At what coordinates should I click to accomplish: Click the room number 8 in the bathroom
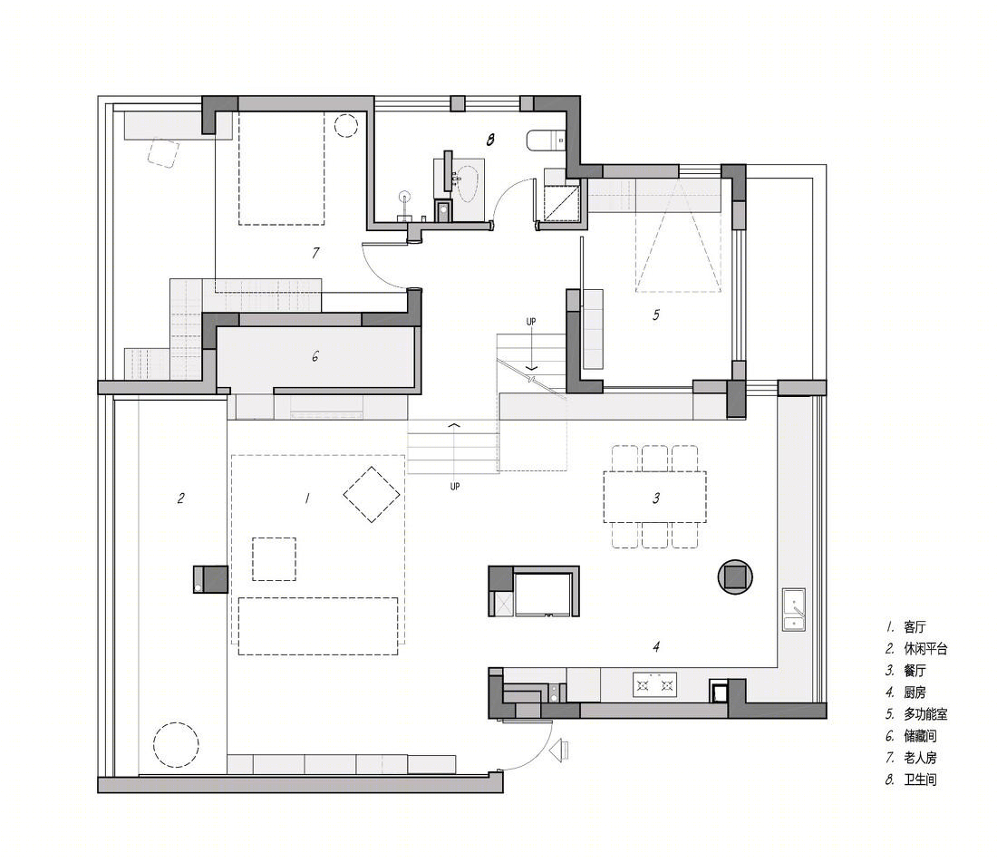tap(490, 140)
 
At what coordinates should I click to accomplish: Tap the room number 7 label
tap(315, 253)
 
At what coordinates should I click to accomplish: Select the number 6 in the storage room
tap(315, 356)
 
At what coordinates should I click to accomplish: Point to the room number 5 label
tap(656, 315)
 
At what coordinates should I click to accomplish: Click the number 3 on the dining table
tap(656, 499)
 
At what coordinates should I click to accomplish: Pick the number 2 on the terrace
tap(181, 499)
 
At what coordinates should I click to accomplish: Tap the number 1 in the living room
tap(308, 499)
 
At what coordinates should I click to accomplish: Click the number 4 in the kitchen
tap(656, 647)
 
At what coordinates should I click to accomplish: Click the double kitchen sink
tap(794, 609)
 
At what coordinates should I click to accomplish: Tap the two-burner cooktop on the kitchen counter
tap(655, 684)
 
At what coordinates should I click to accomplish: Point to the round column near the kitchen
tap(736, 576)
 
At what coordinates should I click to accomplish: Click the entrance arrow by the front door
tap(559, 751)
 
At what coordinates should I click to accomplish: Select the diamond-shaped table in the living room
tap(372, 495)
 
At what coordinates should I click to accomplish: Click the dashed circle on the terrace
tap(176, 744)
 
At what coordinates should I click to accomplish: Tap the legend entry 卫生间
tap(920, 780)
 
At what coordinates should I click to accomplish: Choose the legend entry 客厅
tap(915, 627)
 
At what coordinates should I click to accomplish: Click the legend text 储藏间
tap(920, 736)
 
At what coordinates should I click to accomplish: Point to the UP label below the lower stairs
tap(455, 487)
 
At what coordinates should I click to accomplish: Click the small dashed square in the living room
tap(274, 559)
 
